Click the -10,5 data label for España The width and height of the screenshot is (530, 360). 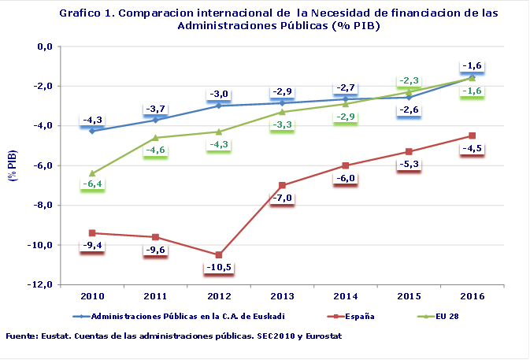(x=219, y=268)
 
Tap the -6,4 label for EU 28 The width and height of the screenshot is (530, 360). (x=92, y=184)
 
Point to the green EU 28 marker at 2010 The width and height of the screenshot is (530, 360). (x=92, y=173)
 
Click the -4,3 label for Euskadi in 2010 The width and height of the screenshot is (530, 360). (x=92, y=120)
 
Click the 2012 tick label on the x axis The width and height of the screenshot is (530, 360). (x=218, y=295)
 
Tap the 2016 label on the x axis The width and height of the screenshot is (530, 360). (x=472, y=295)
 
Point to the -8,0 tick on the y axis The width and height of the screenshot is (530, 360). (x=41, y=206)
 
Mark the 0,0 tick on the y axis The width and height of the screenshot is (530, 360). (x=44, y=46)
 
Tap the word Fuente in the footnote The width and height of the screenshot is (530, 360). (x=23, y=336)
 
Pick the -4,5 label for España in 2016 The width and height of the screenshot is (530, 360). (x=472, y=147)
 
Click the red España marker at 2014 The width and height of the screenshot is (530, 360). (x=346, y=165)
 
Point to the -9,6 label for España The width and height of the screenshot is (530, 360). (x=155, y=250)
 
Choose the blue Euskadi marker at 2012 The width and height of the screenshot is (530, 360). (x=219, y=106)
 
